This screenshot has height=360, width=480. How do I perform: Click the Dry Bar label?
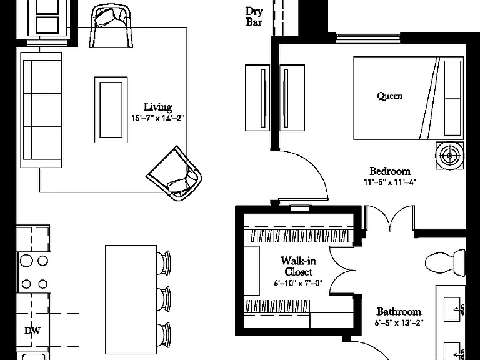coord(254,17)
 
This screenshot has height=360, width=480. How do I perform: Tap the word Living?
coord(158,107)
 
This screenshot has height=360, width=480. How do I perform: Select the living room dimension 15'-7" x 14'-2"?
coord(158,118)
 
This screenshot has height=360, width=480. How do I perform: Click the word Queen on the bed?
coord(390,96)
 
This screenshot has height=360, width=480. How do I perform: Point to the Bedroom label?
coord(390,171)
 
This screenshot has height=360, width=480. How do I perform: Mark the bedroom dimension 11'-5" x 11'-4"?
coord(390,182)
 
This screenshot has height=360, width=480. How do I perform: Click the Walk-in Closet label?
coord(299,266)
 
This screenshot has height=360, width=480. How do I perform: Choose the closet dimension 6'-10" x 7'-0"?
coord(299,283)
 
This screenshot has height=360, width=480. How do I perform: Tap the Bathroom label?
coord(399,312)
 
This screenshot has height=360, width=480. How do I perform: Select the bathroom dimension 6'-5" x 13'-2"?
coord(399,322)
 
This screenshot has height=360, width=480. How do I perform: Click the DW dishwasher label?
coord(32,331)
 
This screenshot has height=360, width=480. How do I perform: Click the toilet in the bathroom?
coord(446,262)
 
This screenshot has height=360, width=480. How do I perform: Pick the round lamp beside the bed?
coord(450,156)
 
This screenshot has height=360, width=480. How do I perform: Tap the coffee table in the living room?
coord(111,110)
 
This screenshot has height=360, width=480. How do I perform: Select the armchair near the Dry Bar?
coord(111,27)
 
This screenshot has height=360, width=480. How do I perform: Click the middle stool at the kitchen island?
coord(164,299)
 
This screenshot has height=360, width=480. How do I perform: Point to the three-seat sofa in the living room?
coord(41,110)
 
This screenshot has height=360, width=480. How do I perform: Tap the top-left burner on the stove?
coord(26,261)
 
